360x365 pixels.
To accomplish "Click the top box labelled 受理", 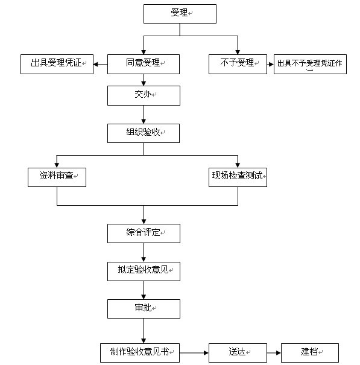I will [x=179, y=14].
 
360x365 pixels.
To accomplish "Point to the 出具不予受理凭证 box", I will [x=310, y=64].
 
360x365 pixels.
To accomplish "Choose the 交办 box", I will [x=144, y=96].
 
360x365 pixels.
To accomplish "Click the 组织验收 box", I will [x=144, y=133].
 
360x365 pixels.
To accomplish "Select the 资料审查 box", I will [x=57, y=177].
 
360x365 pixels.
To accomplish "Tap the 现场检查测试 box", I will [x=238, y=177].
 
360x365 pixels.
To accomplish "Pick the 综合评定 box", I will [x=144, y=233].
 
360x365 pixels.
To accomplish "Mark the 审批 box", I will [x=144, y=309].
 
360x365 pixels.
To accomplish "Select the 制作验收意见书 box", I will [x=141, y=352].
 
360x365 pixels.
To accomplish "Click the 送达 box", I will [x=238, y=352].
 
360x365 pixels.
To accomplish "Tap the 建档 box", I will [x=310, y=352].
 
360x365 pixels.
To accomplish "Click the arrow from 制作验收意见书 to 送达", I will [x=194, y=352].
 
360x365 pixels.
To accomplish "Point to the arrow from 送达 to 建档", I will [x=274, y=352].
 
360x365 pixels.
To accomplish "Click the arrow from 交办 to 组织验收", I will [x=144, y=115].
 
